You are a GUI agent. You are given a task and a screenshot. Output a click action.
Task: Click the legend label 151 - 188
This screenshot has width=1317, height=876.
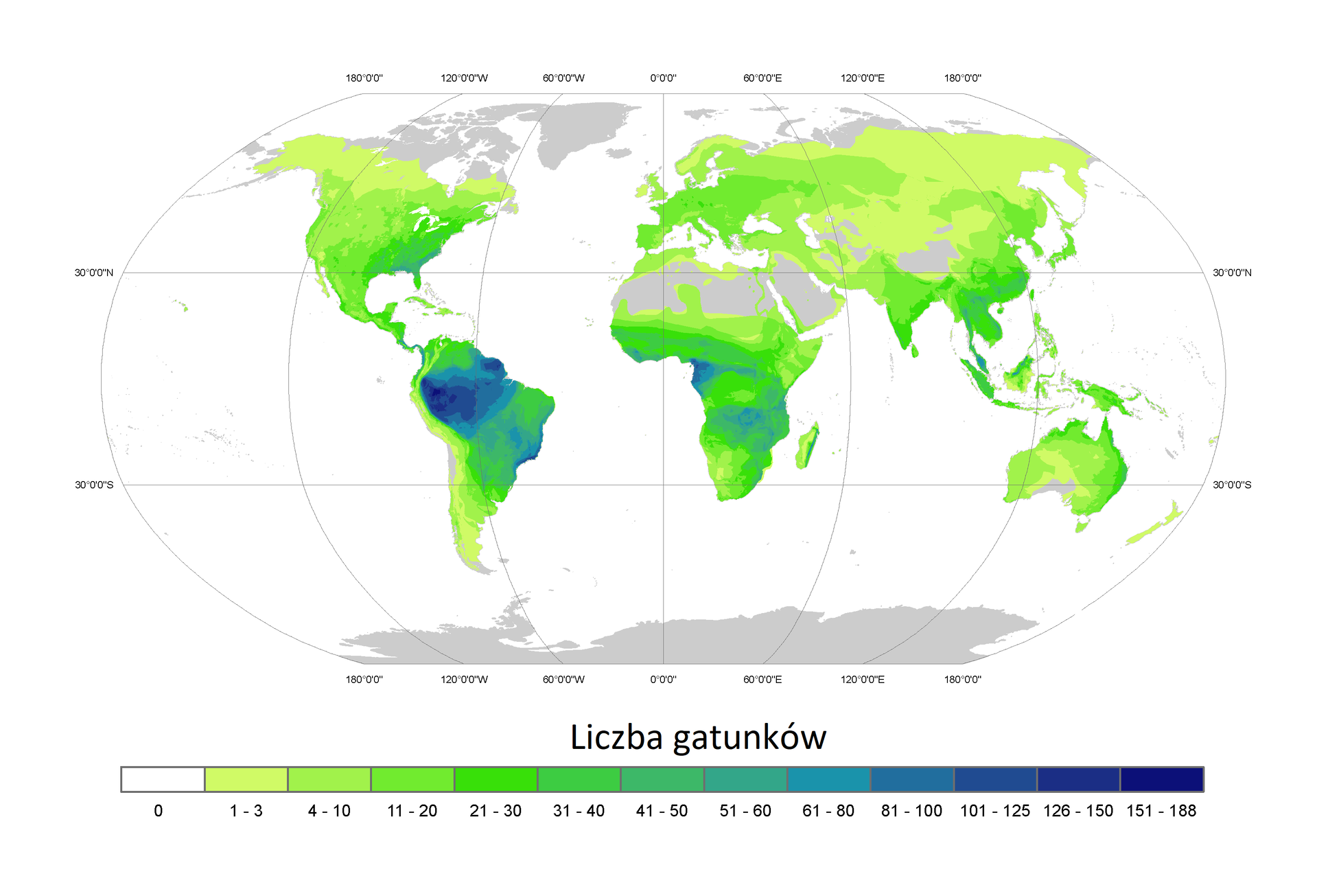click(x=1161, y=811)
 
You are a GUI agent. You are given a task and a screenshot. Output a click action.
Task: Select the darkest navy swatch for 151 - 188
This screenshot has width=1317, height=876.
click(x=1161, y=779)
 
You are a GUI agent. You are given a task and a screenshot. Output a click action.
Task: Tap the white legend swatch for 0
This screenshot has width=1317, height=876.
click(x=163, y=779)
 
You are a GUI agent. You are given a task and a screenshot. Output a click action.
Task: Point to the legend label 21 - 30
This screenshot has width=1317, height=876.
click(x=496, y=811)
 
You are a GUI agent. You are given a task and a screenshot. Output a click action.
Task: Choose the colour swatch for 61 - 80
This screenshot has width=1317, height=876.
click(x=828, y=779)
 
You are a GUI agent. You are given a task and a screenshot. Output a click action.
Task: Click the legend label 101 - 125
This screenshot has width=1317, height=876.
click(x=994, y=811)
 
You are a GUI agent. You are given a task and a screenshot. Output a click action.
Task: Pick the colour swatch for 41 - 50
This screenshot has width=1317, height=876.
click(x=662, y=779)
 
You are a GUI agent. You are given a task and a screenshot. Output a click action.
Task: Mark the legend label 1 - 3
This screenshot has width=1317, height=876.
click(x=246, y=811)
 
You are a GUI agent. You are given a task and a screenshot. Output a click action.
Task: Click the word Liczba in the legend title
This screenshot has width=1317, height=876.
click(x=616, y=737)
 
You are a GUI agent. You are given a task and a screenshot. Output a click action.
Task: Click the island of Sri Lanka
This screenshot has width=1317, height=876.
click(x=914, y=351)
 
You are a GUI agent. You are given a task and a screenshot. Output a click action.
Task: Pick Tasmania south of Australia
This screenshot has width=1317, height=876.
click(x=1082, y=527)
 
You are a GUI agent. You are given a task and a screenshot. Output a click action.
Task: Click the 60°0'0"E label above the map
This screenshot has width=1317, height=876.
click(x=762, y=78)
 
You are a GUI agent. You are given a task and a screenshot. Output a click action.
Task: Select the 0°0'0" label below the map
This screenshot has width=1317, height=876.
click(x=663, y=680)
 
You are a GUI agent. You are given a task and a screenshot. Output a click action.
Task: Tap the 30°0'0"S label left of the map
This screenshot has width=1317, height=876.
click(x=94, y=485)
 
